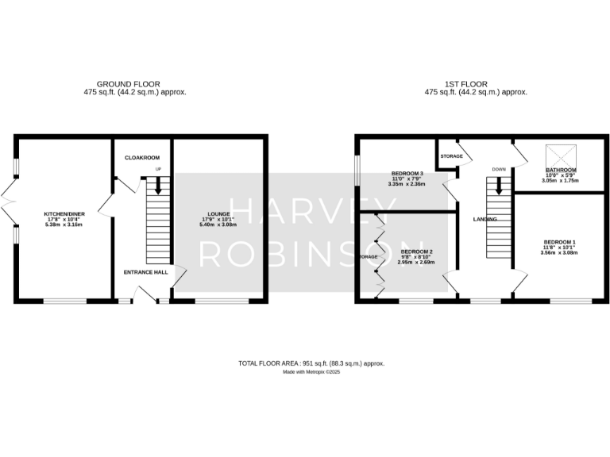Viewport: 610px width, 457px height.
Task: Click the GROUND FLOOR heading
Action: pos(129,83)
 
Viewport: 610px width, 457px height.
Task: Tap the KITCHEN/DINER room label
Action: pos(64,214)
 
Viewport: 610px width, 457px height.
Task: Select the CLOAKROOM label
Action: pos(141,158)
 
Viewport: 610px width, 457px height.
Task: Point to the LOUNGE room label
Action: pos(218,214)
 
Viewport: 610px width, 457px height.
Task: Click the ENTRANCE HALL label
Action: pos(145,272)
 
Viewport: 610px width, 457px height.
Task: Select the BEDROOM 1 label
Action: pos(560,242)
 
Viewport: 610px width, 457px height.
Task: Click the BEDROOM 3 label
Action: pos(407,174)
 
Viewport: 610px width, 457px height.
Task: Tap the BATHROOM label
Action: pos(560,171)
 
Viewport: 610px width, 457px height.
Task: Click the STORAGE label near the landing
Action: pos(451,156)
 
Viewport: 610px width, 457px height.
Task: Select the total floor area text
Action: pos(311,363)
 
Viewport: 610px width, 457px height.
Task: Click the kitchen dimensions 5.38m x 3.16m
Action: pos(64,225)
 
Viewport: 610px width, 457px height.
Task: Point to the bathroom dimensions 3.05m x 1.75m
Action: pos(560,181)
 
